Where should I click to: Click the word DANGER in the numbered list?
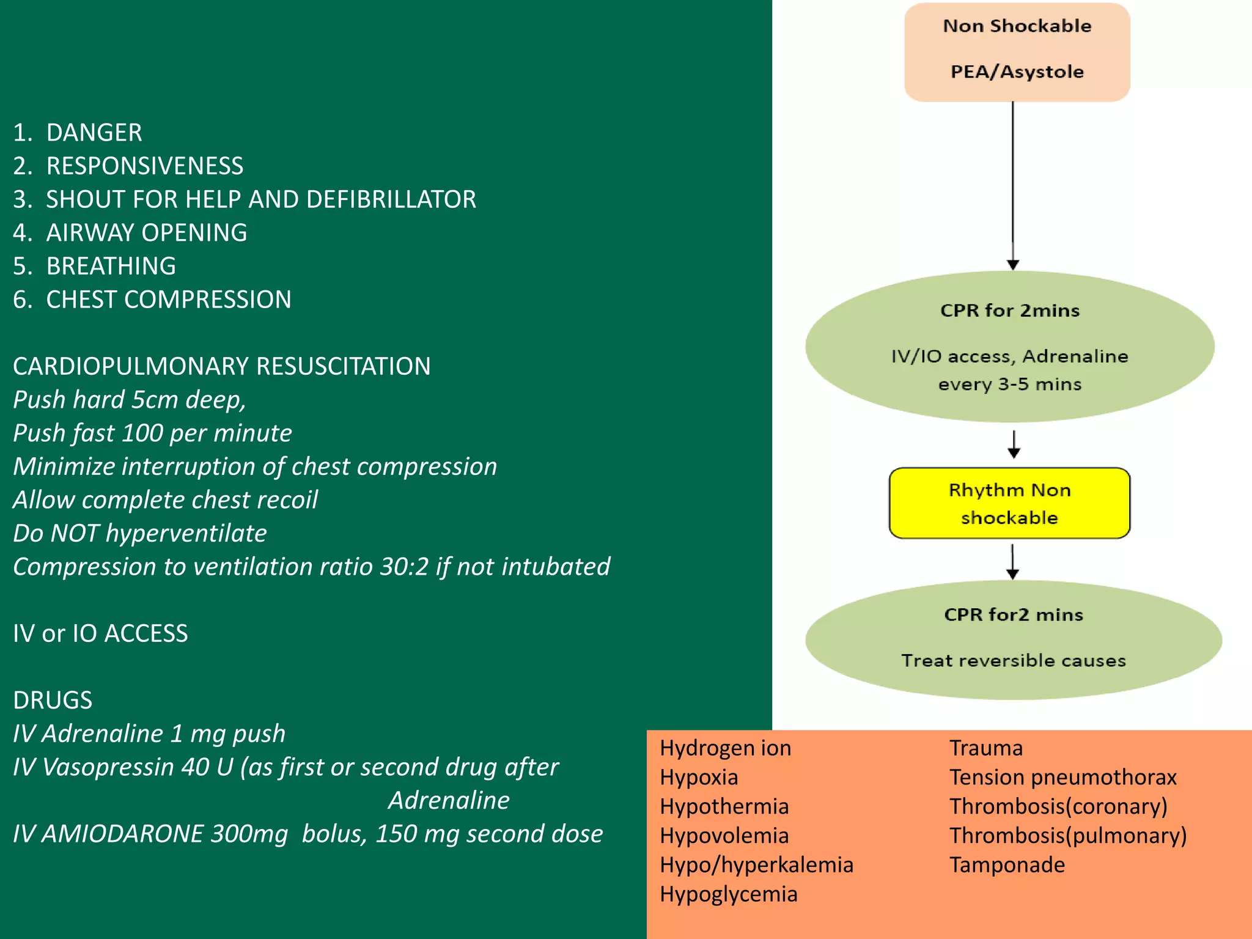click(x=94, y=133)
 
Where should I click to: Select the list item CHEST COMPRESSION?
click(x=168, y=300)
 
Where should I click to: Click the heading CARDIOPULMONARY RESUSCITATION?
click(x=221, y=366)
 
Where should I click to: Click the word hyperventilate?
click(x=186, y=533)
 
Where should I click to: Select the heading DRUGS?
click(x=53, y=700)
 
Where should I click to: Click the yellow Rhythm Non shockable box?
click(x=1009, y=503)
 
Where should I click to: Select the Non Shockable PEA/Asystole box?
click(x=1017, y=51)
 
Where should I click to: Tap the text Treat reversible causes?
click(x=1013, y=660)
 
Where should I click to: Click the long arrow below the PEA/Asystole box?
click(x=1013, y=183)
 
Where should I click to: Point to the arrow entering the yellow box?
click(x=1014, y=445)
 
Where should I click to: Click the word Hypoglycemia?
click(x=728, y=894)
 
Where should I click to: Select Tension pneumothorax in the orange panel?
click(x=1062, y=777)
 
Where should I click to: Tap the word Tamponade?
click(x=1007, y=865)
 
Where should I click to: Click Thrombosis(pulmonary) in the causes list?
click(x=1067, y=836)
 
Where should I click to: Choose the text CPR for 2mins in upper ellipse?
click(x=1009, y=311)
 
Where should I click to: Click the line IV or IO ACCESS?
click(x=100, y=633)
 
